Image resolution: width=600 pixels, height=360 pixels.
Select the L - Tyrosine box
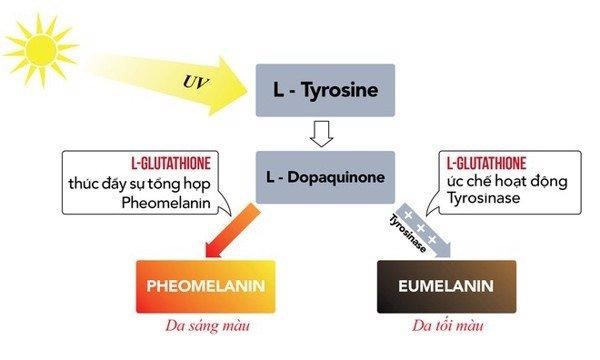pos(324,91)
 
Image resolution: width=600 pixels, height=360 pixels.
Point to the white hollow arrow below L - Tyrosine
pos(321,132)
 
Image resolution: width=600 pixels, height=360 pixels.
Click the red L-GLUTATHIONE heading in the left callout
pos(128,163)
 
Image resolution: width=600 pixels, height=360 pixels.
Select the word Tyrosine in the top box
pos(342,91)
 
